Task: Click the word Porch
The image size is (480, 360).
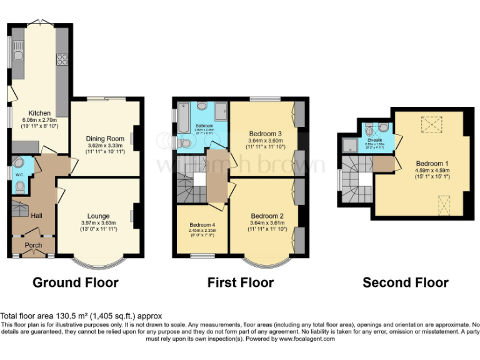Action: coord(33,245)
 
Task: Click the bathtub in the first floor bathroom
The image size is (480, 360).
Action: coord(182,119)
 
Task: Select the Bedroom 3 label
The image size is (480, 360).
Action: coord(266,134)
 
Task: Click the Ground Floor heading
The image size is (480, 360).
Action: coord(75,282)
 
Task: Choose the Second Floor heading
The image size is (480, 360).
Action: coord(405,282)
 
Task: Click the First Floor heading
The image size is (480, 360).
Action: coord(240,282)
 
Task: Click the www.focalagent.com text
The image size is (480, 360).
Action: coord(304,338)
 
